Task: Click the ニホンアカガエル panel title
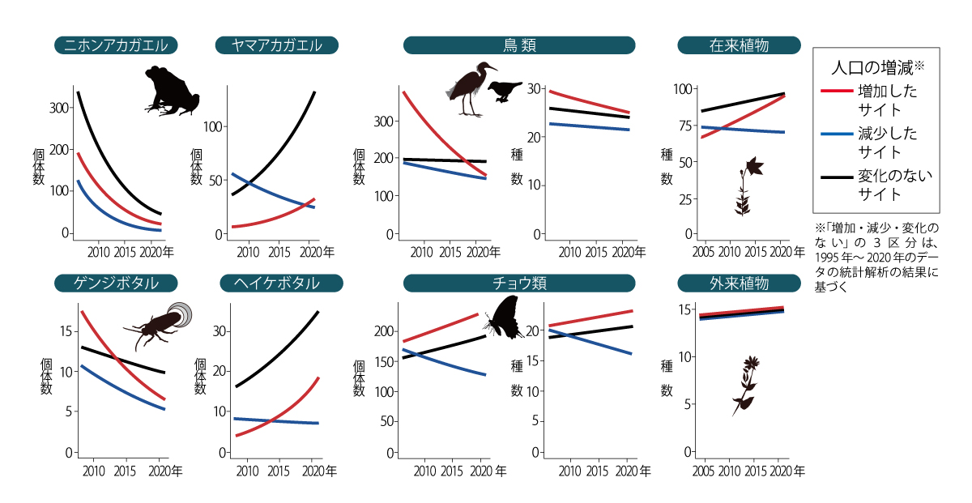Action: click(x=116, y=45)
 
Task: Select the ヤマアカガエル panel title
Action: click(x=277, y=45)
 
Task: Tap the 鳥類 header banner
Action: click(x=518, y=45)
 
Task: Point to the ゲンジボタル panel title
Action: click(x=117, y=283)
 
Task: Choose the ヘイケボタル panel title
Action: click(x=277, y=283)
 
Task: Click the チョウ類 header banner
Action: click(x=518, y=283)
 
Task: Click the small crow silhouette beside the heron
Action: click(x=509, y=90)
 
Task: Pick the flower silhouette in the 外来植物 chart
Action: click(x=747, y=385)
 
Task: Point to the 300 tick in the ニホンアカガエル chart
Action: click(x=58, y=108)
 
